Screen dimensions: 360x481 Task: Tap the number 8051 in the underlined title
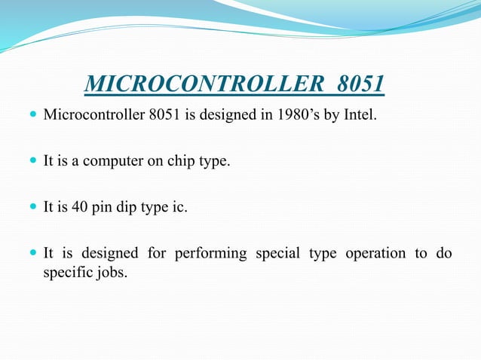pos(360,84)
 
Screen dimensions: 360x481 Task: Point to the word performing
pos(210,253)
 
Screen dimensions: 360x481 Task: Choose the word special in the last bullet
pos(277,253)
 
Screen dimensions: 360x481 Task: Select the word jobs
pos(112,272)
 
